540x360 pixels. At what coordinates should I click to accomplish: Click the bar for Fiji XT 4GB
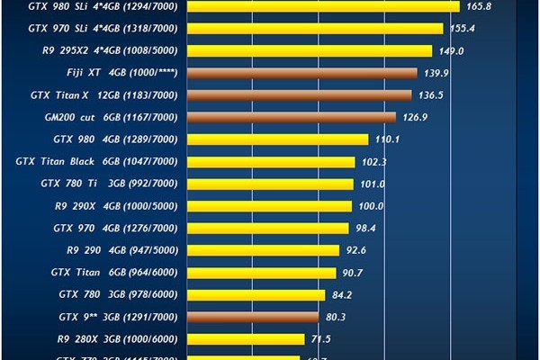click(x=301, y=73)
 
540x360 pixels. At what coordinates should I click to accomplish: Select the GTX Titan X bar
click(x=299, y=94)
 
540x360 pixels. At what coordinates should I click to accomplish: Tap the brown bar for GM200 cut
click(x=291, y=117)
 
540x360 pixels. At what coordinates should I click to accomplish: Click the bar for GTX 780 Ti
click(x=270, y=184)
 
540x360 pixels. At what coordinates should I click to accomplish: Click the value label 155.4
click(x=463, y=29)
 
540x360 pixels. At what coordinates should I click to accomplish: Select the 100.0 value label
click(x=371, y=206)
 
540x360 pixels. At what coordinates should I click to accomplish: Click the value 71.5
click(x=321, y=339)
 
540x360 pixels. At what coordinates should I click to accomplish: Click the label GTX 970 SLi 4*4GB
click(x=103, y=29)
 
